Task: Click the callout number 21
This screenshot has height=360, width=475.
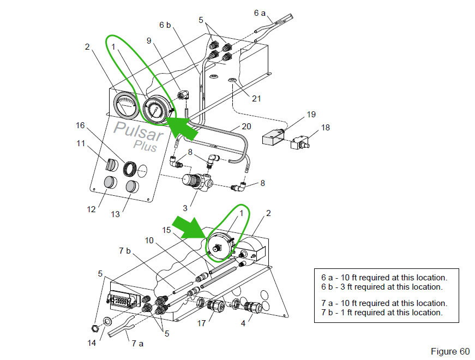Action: point(256,99)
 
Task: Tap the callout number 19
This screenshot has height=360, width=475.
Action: point(311,115)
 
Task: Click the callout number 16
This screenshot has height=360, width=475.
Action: point(80,125)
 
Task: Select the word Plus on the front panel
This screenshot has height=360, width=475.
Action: point(145,146)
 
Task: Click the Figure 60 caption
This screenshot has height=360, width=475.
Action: point(449,351)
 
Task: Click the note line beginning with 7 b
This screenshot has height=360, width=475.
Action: point(382,313)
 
